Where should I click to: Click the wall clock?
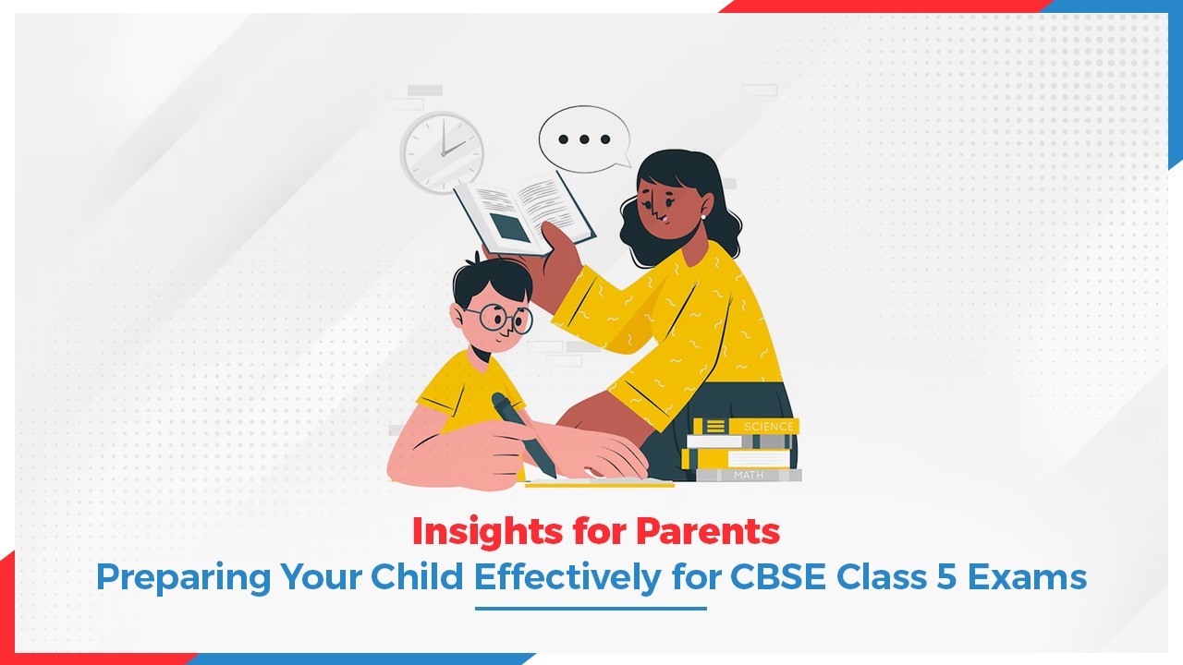coord(442,151)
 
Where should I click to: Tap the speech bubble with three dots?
coord(584,139)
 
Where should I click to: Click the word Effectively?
coord(567,577)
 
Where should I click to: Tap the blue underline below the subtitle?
coord(591,608)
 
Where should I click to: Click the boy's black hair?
coord(490,279)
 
